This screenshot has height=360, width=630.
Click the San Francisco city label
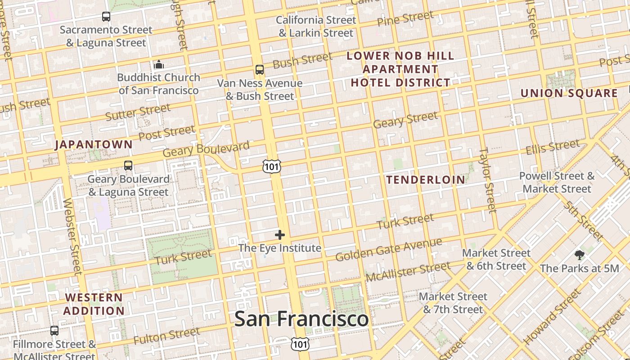[301, 319]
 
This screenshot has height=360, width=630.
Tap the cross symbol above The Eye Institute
[280, 234]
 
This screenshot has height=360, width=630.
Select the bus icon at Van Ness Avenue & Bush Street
[260, 70]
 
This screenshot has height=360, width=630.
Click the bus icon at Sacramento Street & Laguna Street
[106, 17]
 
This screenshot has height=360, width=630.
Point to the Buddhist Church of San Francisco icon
[158, 65]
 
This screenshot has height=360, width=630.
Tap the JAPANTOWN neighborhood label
[94, 144]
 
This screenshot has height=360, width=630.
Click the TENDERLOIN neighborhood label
[426, 180]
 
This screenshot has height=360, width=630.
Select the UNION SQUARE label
[569, 93]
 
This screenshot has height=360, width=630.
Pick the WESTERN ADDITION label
[94, 304]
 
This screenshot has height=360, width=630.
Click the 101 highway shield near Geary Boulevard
[272, 166]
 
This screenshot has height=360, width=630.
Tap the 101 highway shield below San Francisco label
[300, 344]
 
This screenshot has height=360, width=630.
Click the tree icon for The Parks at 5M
[580, 255]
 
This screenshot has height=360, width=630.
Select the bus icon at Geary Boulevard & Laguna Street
[128, 166]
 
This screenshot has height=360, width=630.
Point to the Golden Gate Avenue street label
[389, 250]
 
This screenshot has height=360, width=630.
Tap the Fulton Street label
[166, 336]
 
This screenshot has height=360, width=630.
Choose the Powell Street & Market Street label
[557, 182]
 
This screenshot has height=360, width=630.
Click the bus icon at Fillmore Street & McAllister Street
[54, 331]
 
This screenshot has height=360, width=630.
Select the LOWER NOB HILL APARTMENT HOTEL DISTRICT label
[400, 69]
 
